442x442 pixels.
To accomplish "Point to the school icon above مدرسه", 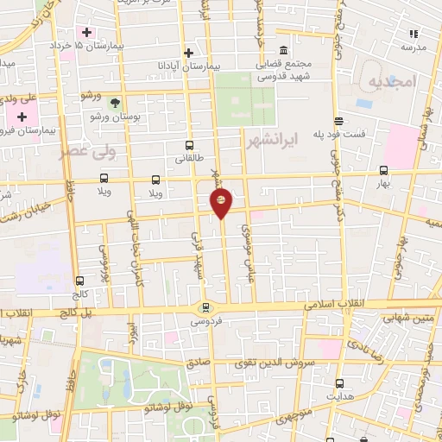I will [x=413, y=34].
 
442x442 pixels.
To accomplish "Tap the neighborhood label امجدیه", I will [x=392, y=81].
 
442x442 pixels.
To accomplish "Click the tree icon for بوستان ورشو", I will [x=115, y=102].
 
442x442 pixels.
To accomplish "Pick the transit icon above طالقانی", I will [x=189, y=146].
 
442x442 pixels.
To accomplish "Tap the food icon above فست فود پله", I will [x=339, y=121].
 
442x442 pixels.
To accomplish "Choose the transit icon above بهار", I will [x=383, y=170].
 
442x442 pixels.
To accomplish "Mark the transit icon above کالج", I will [x=80, y=281].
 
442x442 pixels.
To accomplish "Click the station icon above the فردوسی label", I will [x=205, y=306].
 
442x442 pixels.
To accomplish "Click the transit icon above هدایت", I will [x=339, y=382].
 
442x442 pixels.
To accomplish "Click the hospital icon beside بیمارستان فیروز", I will [x=22, y=116].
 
